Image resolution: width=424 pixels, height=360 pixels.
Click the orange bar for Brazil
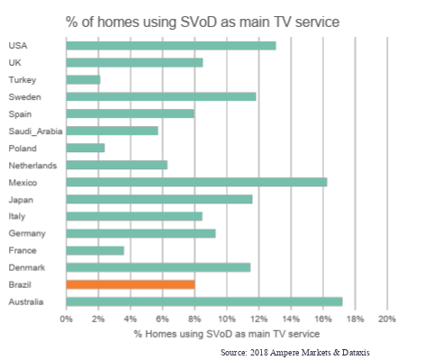131,284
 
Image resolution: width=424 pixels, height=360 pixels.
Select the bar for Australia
204,301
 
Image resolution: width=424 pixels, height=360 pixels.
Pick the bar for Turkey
83,79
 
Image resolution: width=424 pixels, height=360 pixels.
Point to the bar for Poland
86,148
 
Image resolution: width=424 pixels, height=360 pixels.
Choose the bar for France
95,250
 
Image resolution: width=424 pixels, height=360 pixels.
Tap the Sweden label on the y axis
23,96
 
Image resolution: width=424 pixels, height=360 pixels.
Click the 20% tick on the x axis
386,319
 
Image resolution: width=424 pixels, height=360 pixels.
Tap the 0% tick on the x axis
67,319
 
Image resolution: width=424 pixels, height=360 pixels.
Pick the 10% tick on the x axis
226,319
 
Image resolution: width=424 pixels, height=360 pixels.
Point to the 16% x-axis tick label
322,319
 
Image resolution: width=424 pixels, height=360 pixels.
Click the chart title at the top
213,19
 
